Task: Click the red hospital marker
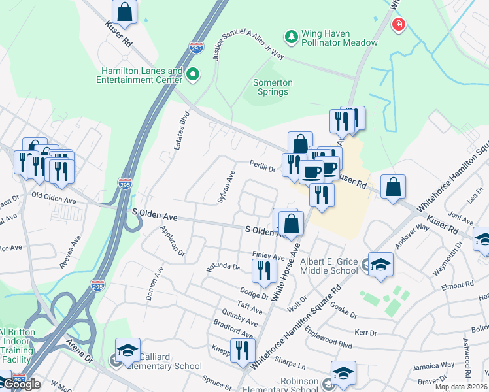[x=397, y=25]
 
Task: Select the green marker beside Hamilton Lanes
[x=193, y=75]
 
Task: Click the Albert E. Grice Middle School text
[x=329, y=266]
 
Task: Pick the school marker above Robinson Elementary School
[x=343, y=373]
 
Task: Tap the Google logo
[x=22, y=384]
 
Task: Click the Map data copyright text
[x=461, y=387]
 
